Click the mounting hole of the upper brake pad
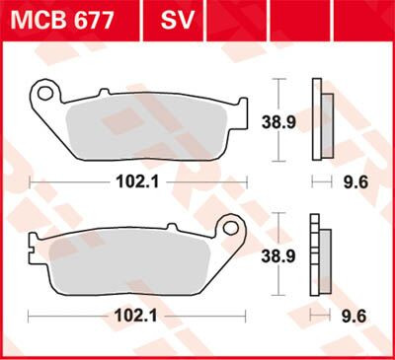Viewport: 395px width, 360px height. tap(42, 96)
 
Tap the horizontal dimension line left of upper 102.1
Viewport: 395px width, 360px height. tap(69, 181)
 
